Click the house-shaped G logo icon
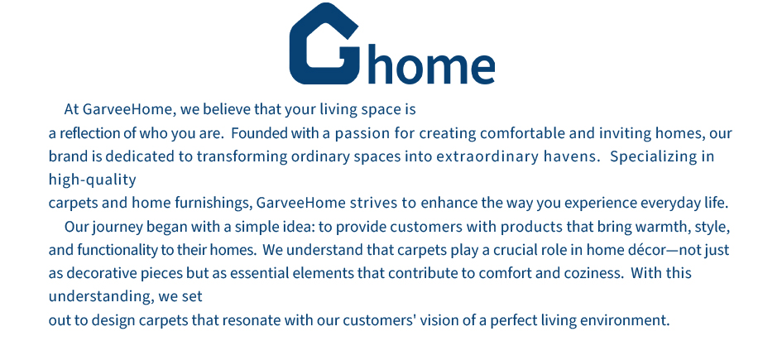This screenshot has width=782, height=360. coord(324,43)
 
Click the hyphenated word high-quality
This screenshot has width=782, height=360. coord(92,180)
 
